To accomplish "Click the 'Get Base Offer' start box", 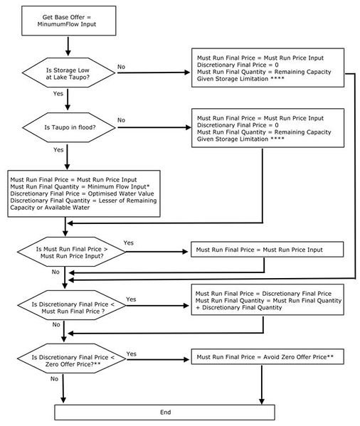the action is point(69,21).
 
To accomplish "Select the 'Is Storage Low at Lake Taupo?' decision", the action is point(68,73).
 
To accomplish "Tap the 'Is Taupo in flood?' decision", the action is point(69,127).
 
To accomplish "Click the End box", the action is point(164,412).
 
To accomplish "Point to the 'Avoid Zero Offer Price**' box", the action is point(268,357).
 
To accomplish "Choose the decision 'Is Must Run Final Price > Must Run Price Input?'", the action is point(71,252).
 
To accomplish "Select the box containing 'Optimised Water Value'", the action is point(84,193).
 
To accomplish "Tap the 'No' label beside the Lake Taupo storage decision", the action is point(121,67).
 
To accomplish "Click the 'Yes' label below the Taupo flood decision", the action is point(58,149).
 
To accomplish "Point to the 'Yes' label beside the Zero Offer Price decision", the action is point(131,353).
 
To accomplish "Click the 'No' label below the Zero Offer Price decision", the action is point(54,379).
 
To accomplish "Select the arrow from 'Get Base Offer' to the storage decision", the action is point(68,46).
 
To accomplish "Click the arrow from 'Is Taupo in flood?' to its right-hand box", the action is point(154,127).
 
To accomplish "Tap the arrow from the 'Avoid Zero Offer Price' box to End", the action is point(262,385).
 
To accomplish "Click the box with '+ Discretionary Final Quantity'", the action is point(268,299).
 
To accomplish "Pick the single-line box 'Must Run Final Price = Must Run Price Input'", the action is point(268,250).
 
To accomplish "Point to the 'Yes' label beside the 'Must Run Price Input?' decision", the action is point(129,243).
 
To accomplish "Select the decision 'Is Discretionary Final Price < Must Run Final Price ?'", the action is point(72,305).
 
